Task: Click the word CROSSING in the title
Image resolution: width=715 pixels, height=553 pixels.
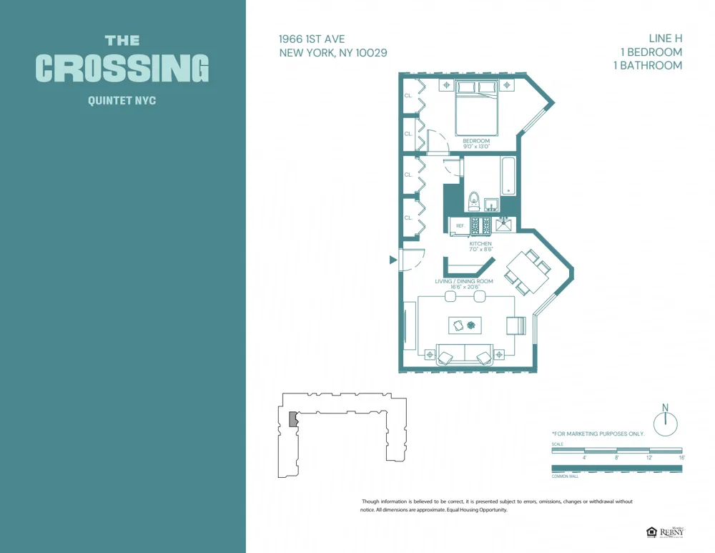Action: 122,69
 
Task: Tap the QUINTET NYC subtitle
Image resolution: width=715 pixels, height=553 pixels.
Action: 122,101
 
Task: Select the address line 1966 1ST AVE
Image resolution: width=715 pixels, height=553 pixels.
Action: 313,39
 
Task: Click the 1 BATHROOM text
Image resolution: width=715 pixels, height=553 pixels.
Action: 648,65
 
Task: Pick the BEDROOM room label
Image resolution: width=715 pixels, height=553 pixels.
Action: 476,141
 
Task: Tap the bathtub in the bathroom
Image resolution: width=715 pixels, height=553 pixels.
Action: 508,176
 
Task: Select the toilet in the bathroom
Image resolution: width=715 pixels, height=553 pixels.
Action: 473,201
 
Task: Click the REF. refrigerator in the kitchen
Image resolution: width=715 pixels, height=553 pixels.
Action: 460,225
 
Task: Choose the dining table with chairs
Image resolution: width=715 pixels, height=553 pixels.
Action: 528,272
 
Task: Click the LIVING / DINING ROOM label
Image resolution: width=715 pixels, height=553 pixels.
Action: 464,281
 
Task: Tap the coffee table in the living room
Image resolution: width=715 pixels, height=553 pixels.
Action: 465,326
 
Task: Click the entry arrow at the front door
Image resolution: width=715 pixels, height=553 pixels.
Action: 393,260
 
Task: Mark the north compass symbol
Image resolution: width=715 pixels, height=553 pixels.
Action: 665,423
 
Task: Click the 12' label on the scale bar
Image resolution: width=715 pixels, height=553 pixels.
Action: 649,457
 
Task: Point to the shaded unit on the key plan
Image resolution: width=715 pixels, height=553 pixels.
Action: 292,419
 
